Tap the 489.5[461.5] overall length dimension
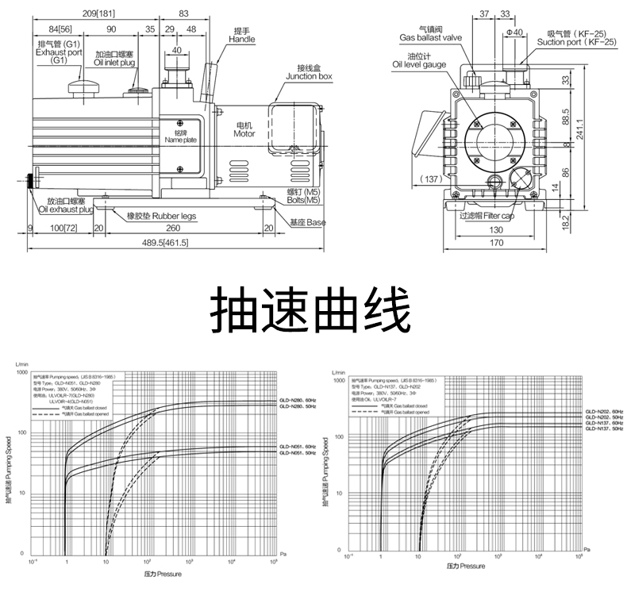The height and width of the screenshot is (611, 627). pyautogui.click(x=165, y=244)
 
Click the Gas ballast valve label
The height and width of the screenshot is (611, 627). pyautogui.click(x=429, y=37)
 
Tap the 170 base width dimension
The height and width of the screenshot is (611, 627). pyautogui.click(x=496, y=244)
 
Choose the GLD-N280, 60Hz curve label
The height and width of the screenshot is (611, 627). pyautogui.click(x=299, y=400)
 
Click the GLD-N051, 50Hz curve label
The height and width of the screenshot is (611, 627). pyautogui.click(x=299, y=453)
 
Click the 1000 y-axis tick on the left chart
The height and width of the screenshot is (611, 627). pyautogui.click(x=21, y=371)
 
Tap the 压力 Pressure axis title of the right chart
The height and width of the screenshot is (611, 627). pyautogui.click(x=465, y=567)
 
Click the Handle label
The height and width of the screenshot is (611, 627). pyautogui.click(x=240, y=35)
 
